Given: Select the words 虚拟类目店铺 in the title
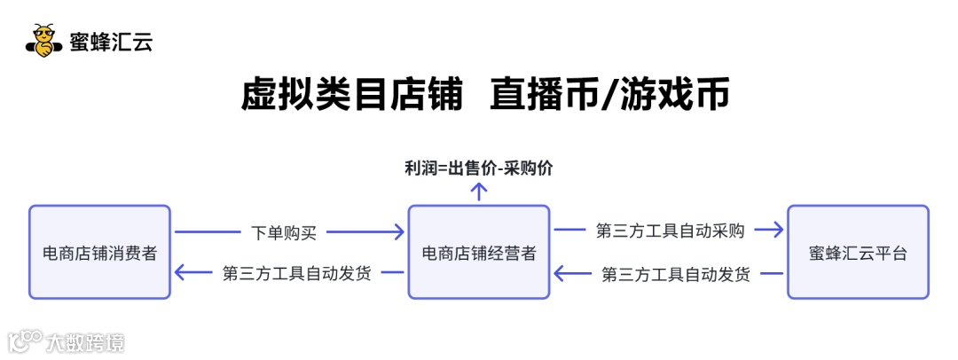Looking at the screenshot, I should pos(352,95).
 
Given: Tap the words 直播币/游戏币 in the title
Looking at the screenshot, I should pos(610,95).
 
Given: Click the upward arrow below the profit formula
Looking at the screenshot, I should pos(479,190).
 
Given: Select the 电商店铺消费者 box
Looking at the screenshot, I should pos(99,253).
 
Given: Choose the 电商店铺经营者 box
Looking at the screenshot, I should pos(479,253).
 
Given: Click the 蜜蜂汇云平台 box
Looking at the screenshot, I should pos(858,253).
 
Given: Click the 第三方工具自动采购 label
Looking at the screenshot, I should pos(671,231).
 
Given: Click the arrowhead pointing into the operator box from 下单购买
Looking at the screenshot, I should pos(398,232).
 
